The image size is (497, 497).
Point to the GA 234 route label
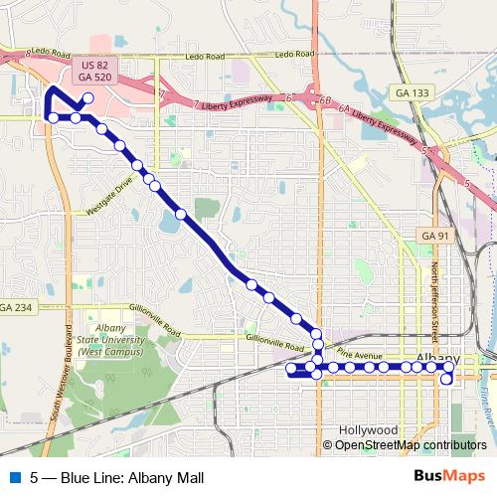pyautogui.click(x=16, y=308)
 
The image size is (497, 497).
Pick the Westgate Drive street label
pyautogui.click(x=109, y=198)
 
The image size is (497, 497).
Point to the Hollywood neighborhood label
pyautogui.click(x=368, y=430)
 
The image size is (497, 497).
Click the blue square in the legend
pyautogui.click(x=14, y=477)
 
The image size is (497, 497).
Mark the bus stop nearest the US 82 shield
pyautogui.click(x=88, y=97)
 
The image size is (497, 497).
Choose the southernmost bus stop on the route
pyautogui.click(x=447, y=379)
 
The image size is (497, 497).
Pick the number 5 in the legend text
pyautogui.click(x=35, y=477)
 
